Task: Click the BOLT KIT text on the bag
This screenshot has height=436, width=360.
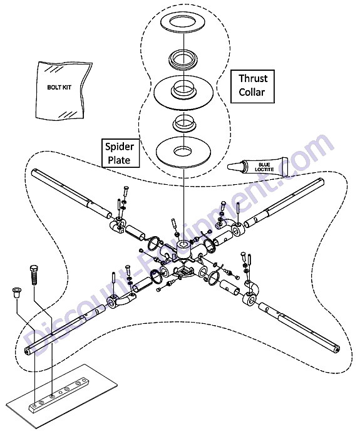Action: tap(59, 87)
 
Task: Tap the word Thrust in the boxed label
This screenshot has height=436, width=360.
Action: tap(253, 79)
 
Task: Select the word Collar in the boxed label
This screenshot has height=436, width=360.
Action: tap(252, 92)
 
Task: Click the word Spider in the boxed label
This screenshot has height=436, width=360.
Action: tap(120, 147)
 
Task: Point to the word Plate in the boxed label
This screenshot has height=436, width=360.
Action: tap(119, 160)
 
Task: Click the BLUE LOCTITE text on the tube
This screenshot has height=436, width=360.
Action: tap(264, 167)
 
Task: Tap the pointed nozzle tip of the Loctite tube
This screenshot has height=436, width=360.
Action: tap(229, 167)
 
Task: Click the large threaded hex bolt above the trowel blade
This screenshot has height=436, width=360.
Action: tap(34, 275)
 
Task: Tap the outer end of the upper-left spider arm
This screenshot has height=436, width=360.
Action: tap(34, 172)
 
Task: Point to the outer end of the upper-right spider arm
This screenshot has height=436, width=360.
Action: tap(321, 182)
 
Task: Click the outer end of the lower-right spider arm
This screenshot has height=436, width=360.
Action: tap(337, 350)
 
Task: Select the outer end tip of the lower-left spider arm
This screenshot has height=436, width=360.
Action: tap(27, 351)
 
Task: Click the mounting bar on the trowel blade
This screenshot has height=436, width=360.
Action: tap(59, 393)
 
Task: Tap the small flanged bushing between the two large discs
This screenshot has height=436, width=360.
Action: tap(183, 124)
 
